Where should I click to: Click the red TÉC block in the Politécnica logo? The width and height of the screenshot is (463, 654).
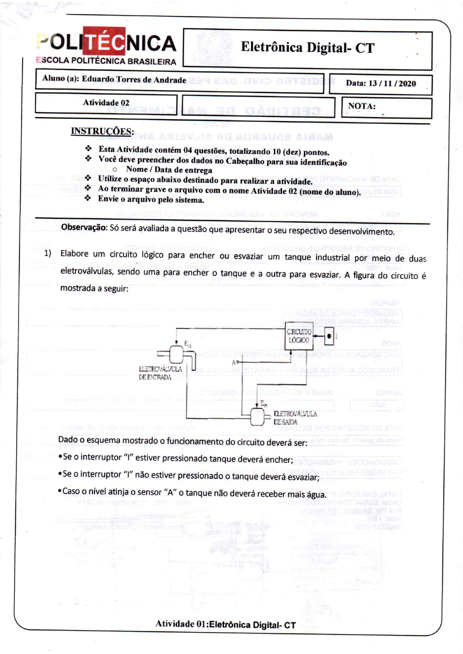tap(104, 41)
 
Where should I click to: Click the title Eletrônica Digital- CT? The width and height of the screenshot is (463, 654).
tap(307, 47)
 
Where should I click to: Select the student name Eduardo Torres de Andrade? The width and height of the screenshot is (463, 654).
tap(133, 79)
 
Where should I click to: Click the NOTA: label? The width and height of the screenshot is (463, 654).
tap(361, 106)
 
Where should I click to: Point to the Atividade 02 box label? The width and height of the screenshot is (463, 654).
tap(106, 103)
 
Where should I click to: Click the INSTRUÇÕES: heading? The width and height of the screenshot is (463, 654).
tap(102, 131)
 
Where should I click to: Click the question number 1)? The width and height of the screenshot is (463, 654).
tap(47, 254)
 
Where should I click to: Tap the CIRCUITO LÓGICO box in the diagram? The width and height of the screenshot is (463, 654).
tap(298, 336)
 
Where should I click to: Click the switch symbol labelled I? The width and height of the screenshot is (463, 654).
tap(329, 336)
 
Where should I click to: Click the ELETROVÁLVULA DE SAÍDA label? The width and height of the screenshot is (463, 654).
tap(295, 418)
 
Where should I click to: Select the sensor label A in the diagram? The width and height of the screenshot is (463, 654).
tap(234, 362)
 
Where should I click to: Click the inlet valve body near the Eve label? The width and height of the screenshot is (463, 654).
tap(176, 354)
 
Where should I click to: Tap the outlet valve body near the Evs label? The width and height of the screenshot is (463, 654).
tap(257, 417)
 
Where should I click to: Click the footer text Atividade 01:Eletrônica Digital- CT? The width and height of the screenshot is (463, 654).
tap(226, 625)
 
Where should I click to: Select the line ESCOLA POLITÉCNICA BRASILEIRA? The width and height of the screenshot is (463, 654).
tap(106, 61)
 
